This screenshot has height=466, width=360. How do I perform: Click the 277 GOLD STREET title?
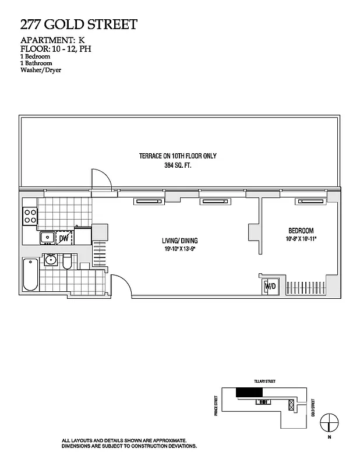(79, 24)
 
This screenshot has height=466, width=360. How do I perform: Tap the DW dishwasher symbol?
(63, 238)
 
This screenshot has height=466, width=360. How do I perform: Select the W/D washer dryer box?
(270, 287)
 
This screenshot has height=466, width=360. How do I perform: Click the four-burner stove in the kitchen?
(30, 217)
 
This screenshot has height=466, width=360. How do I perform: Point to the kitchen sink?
(46, 238)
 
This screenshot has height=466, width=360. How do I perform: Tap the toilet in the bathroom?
(67, 262)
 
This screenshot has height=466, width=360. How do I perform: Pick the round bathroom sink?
(50, 260)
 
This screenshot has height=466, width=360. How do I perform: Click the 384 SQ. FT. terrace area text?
(182, 165)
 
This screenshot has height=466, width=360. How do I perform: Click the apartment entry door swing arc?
(120, 285)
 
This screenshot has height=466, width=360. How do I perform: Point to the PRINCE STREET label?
(215, 403)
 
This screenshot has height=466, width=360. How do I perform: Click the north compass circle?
(330, 421)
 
